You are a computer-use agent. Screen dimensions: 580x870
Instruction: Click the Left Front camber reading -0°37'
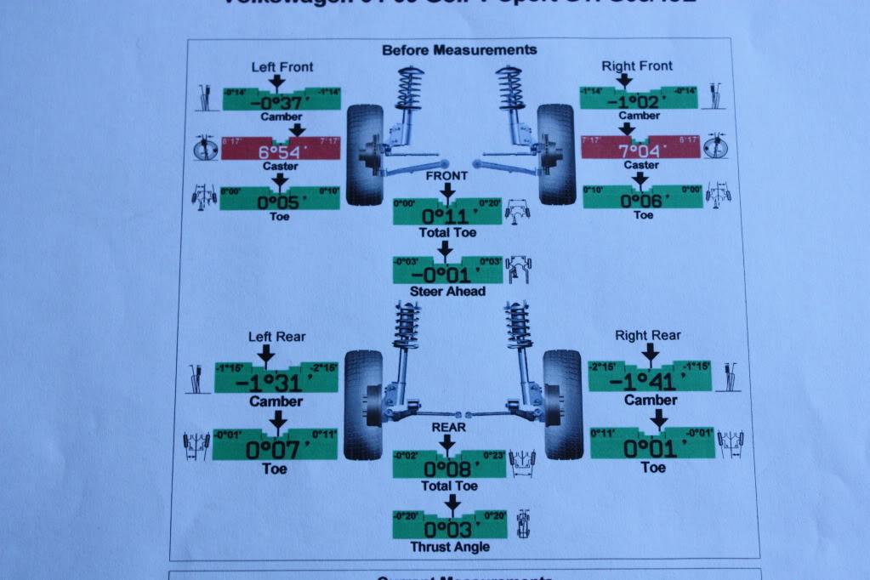(281, 102)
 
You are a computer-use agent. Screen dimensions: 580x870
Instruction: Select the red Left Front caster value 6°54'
(281, 153)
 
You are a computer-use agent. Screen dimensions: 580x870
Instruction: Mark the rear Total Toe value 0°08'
(447, 469)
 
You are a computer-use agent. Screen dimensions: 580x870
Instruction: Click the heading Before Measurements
(459, 50)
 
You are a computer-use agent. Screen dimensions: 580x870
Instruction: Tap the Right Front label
(637, 65)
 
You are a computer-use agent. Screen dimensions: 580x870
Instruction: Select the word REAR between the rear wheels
(448, 427)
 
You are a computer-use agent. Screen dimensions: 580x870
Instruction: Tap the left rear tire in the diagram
(363, 404)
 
